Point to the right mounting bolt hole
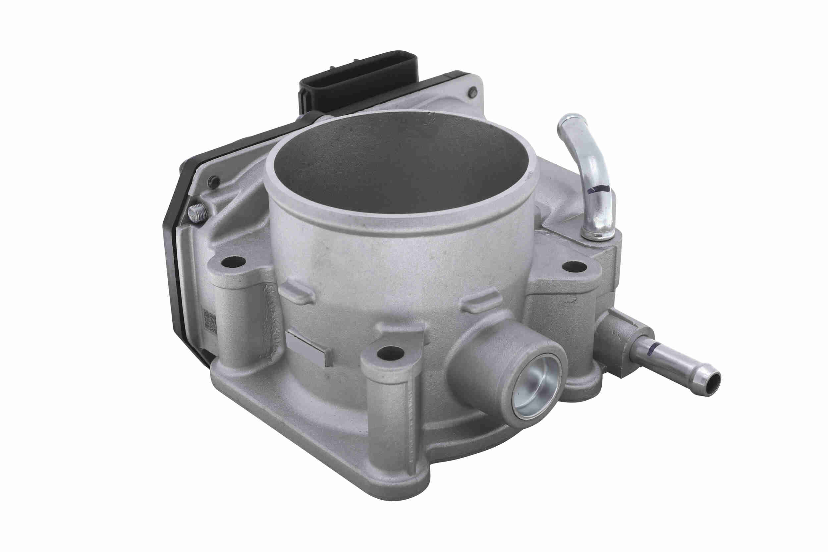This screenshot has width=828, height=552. pyautogui.click(x=574, y=266)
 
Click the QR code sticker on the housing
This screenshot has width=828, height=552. pyautogui.click(x=210, y=321)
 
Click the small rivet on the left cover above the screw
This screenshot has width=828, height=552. pyautogui.click(x=214, y=182)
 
